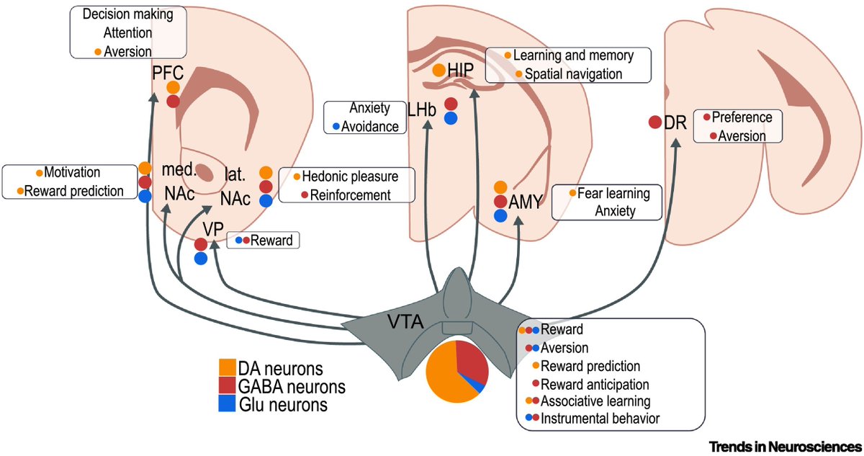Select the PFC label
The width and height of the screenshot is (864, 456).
point(168,72)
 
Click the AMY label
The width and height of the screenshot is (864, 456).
point(526,203)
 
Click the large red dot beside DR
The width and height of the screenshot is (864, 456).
point(655,122)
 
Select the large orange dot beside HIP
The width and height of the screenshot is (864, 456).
point(438,70)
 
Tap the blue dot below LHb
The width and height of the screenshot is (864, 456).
point(451,119)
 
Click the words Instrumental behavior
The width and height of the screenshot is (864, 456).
point(600,418)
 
